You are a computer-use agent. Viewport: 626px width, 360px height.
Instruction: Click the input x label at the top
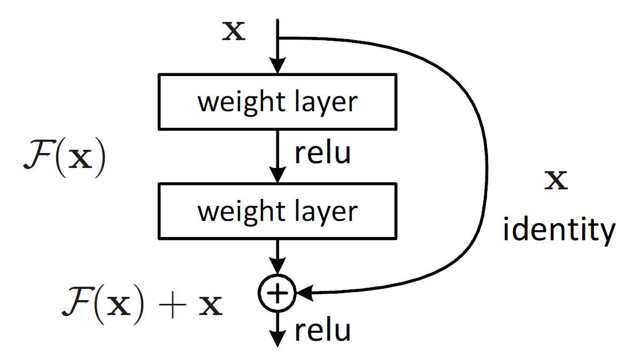point(234,31)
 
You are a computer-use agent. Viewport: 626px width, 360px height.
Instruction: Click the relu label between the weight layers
point(322,152)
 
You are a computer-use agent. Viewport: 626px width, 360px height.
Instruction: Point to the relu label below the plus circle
point(322,330)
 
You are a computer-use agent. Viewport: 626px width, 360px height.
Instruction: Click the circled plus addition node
point(277,293)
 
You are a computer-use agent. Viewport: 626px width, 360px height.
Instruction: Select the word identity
point(559,231)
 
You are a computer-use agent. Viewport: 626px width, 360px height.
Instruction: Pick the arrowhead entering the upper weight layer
point(277,65)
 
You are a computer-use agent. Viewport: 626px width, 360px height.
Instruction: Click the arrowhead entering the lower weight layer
point(277,175)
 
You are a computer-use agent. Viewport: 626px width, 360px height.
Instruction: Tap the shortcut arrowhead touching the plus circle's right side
point(304,294)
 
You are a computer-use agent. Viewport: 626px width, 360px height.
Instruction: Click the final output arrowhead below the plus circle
point(277,339)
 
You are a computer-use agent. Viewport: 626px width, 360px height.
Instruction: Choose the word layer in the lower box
point(326,213)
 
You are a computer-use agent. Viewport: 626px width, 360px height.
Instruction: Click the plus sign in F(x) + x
point(173,305)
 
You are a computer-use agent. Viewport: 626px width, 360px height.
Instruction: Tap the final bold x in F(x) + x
point(211,305)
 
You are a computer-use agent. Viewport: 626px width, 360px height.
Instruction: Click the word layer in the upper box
point(326,103)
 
